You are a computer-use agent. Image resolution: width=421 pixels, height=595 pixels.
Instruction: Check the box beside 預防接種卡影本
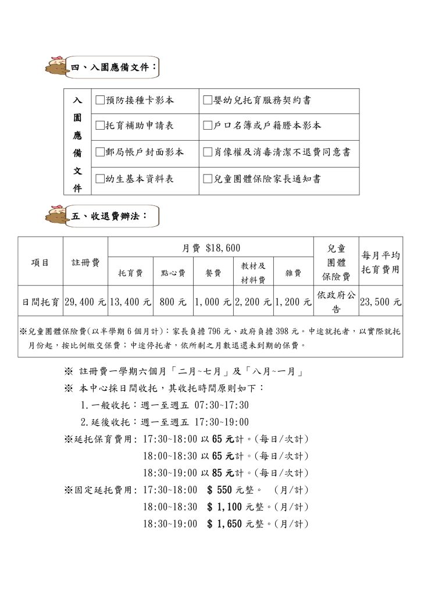pyautogui.click(x=100, y=101)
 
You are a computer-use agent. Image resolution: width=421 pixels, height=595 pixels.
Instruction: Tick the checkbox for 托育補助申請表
pyautogui.click(x=100, y=126)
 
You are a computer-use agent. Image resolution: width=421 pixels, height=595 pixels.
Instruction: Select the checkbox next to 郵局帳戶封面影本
pyautogui.click(x=100, y=152)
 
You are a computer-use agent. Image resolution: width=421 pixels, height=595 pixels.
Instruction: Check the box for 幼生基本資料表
pyautogui.click(x=100, y=179)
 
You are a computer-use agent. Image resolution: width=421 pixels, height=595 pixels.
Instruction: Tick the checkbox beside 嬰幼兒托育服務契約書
pyautogui.click(x=208, y=101)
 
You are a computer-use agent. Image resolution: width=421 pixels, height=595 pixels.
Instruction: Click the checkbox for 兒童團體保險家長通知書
pyautogui.click(x=208, y=179)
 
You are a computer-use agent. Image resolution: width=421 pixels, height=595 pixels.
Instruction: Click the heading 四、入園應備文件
pyautogui.click(x=113, y=67)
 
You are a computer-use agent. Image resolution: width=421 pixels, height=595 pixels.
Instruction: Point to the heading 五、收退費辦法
pyautogui.click(x=109, y=216)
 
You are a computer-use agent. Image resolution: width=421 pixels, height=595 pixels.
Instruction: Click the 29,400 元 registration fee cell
pyautogui.click(x=85, y=302)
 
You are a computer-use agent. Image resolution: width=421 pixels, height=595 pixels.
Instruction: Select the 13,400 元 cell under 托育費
pyautogui.click(x=130, y=302)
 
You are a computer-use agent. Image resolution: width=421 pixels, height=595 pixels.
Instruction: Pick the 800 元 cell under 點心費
pyautogui.click(x=173, y=302)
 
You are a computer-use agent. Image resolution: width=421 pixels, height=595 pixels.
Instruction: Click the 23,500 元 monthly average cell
pyautogui.click(x=381, y=302)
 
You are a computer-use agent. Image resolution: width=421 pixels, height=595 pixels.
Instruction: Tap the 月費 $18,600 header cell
pyautogui.click(x=211, y=248)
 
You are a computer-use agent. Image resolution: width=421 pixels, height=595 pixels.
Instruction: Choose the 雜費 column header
pyautogui.click(x=294, y=273)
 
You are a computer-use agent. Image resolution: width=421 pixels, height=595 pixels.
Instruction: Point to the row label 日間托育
pyautogui.click(x=40, y=302)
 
